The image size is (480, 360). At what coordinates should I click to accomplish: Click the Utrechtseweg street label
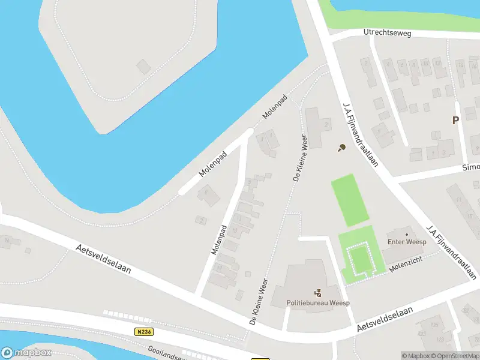(x=387, y=34)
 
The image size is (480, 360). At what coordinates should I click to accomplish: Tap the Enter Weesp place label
(x=406, y=242)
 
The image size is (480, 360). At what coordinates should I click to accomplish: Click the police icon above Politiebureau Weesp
(x=318, y=293)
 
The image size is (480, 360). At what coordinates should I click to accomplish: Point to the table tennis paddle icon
(x=341, y=147)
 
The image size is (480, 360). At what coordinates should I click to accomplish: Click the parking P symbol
(x=455, y=120)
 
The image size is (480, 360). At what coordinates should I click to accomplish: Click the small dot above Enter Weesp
(x=406, y=234)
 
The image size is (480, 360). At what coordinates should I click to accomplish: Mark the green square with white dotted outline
(x=360, y=260)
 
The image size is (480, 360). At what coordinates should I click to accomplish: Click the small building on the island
(x=144, y=66)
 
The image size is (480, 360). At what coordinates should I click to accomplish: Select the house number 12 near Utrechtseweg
(x=439, y=62)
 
